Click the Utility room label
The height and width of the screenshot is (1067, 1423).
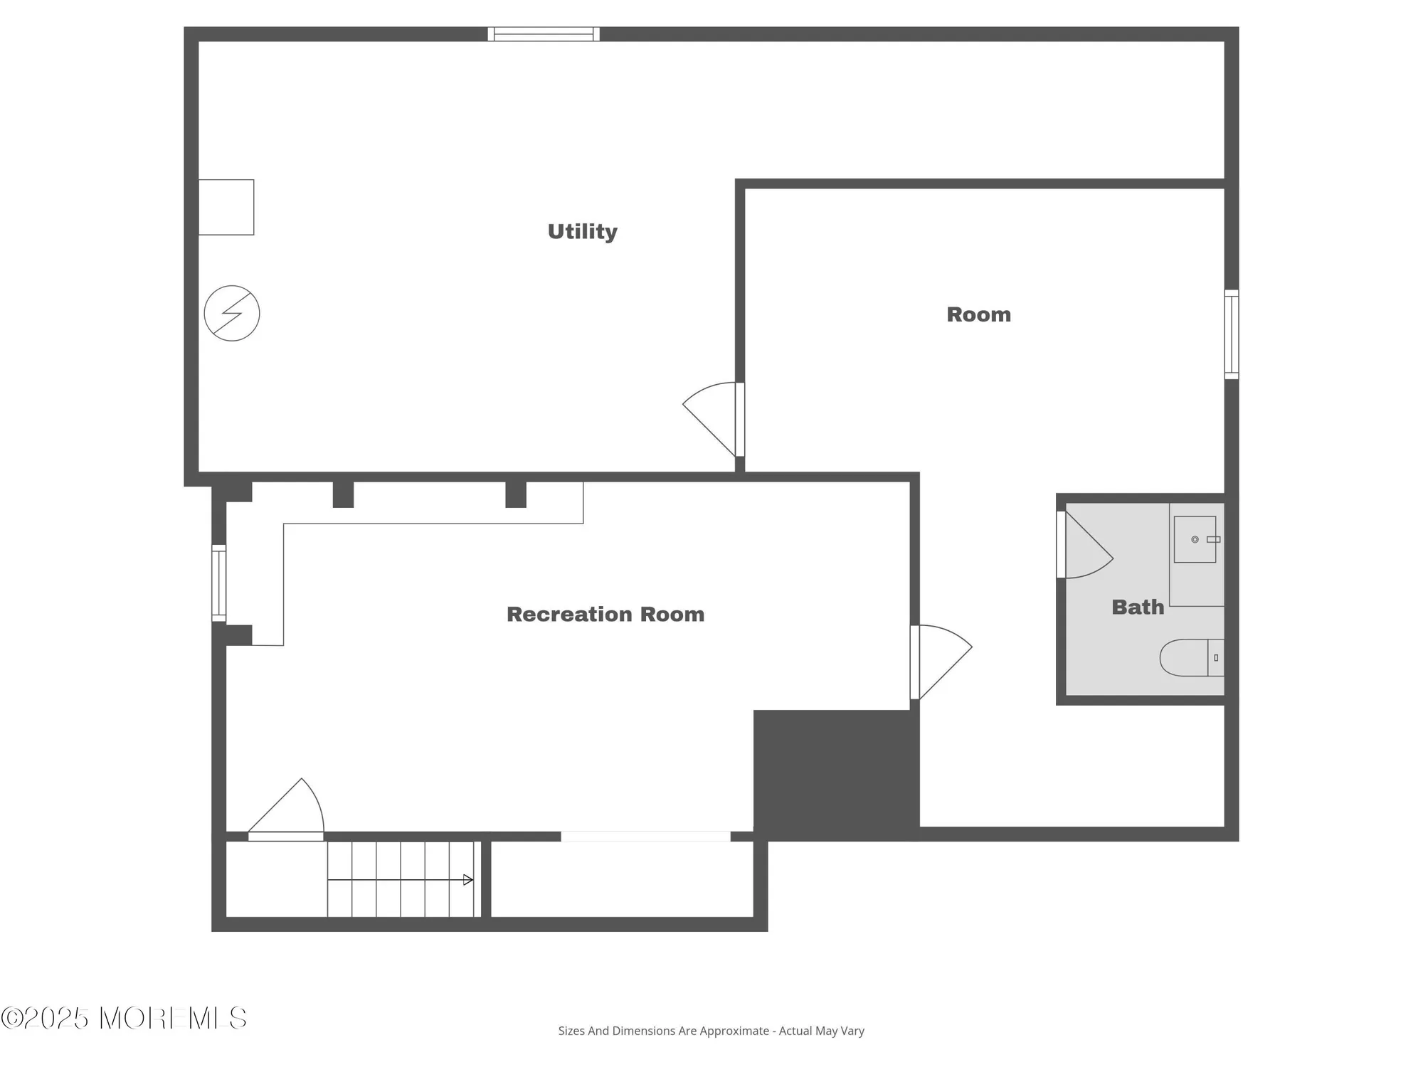point(582,231)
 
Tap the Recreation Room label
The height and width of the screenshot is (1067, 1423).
point(605,614)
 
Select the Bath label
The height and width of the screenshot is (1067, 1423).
point(1138,607)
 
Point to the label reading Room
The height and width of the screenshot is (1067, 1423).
point(978,314)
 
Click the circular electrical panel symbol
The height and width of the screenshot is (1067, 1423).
point(232,313)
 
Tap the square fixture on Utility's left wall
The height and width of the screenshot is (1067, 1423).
point(226,207)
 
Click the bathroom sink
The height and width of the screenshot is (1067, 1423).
point(1195,539)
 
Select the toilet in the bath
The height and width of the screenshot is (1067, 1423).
point(1190,657)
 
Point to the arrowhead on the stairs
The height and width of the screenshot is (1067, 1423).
point(468,880)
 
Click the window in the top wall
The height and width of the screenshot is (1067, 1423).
point(544,34)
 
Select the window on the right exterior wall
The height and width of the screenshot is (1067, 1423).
point(1232,334)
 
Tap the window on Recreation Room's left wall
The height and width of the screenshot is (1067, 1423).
point(219,583)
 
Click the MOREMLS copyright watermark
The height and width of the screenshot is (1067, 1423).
point(125,1019)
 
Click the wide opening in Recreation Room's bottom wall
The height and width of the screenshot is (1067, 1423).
point(645,837)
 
